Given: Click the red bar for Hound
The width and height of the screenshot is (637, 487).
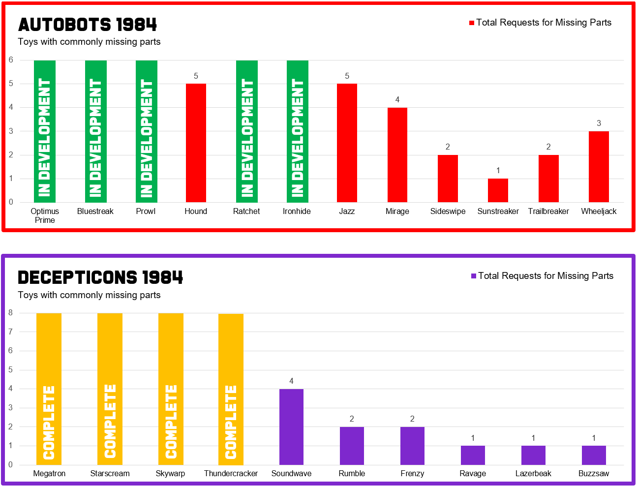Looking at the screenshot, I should (196, 143).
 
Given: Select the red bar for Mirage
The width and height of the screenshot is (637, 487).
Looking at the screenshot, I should (397, 154).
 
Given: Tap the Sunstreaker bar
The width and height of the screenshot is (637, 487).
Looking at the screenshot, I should (498, 190).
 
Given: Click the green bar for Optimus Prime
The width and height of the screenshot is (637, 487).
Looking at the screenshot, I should (45, 131).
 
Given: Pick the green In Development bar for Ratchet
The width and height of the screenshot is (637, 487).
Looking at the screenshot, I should (246, 131).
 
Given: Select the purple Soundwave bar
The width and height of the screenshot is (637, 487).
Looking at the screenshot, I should (291, 426).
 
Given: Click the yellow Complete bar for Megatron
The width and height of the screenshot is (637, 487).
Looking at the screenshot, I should (49, 389).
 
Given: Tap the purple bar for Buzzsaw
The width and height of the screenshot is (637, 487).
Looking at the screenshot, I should (594, 455).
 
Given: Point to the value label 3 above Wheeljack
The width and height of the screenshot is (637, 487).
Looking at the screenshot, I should (599, 123).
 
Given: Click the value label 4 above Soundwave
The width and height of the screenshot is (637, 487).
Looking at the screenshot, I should (291, 381).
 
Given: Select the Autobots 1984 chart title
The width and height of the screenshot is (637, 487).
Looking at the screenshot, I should (88, 25).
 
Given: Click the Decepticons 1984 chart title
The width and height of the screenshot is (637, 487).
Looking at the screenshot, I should (100, 277).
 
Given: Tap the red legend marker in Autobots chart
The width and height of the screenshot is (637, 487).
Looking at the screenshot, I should (472, 23).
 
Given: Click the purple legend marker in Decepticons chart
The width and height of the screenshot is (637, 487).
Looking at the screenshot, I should (474, 276).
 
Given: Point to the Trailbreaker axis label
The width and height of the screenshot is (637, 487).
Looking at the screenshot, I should (548, 211).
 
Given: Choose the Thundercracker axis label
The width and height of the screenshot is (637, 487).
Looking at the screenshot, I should (231, 473).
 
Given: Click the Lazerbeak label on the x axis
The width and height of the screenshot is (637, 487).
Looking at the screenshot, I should (533, 473).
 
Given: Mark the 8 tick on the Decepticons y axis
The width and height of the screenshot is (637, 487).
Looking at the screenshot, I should (10, 313).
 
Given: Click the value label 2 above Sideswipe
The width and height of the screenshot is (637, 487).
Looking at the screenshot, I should (448, 147).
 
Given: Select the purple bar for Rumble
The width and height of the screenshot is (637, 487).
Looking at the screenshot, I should (352, 446).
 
